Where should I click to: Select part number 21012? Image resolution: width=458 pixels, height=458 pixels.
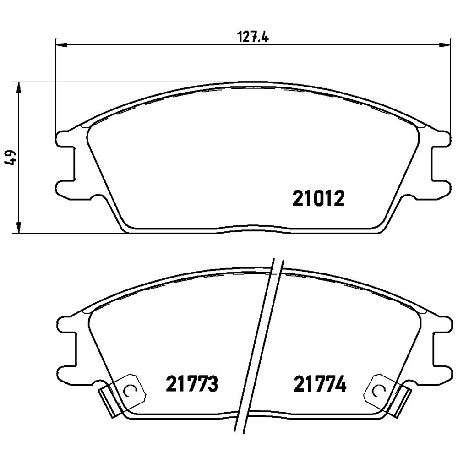[x=318, y=198]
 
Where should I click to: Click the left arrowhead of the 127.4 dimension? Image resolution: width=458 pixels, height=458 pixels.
[x=60, y=44]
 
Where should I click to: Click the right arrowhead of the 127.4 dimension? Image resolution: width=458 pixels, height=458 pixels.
[x=443, y=44]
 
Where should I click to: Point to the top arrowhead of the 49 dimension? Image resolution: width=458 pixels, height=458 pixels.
[x=18, y=88]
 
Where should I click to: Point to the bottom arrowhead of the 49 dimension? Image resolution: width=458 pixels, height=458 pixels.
[x=18, y=228]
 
